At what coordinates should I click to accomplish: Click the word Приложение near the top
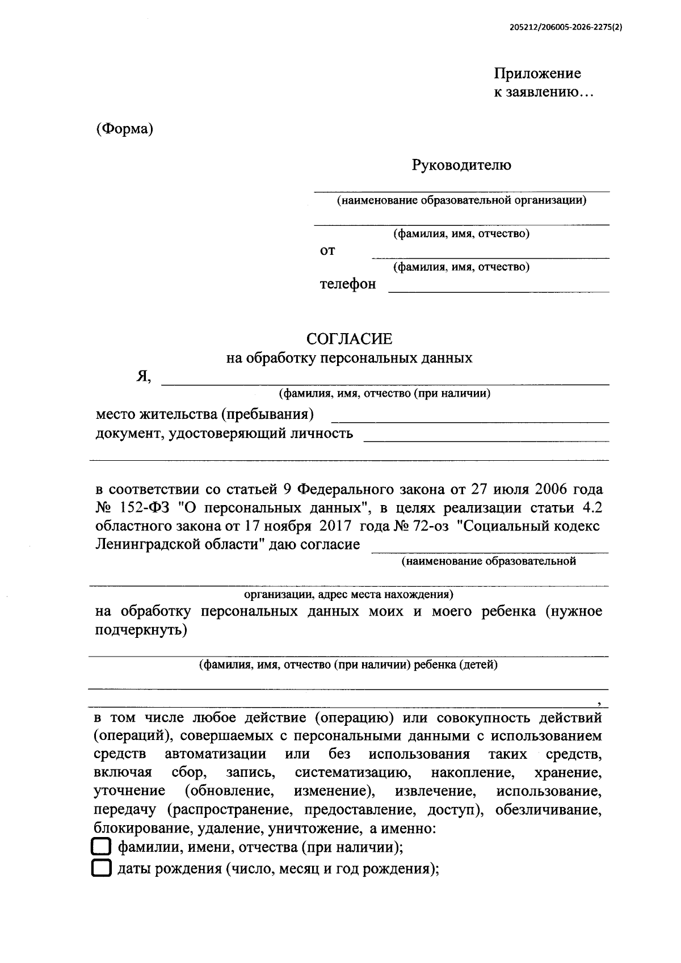[537, 74]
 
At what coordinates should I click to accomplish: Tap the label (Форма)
[125, 129]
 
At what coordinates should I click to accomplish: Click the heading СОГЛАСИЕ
[349, 339]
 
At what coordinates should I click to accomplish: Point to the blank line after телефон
[498, 291]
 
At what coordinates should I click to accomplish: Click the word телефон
[347, 284]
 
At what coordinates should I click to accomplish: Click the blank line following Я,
[386, 384]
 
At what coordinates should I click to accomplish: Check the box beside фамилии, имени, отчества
[100, 847]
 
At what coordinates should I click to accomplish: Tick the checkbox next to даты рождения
[100, 869]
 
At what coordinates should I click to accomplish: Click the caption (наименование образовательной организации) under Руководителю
[461, 200]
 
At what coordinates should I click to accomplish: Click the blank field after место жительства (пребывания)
[470, 422]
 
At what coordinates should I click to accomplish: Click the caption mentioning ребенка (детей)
[348, 665]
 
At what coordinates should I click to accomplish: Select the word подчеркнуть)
[140, 630]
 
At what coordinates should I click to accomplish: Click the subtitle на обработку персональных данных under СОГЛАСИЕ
[349, 358]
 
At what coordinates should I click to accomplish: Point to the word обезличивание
[548, 810]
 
